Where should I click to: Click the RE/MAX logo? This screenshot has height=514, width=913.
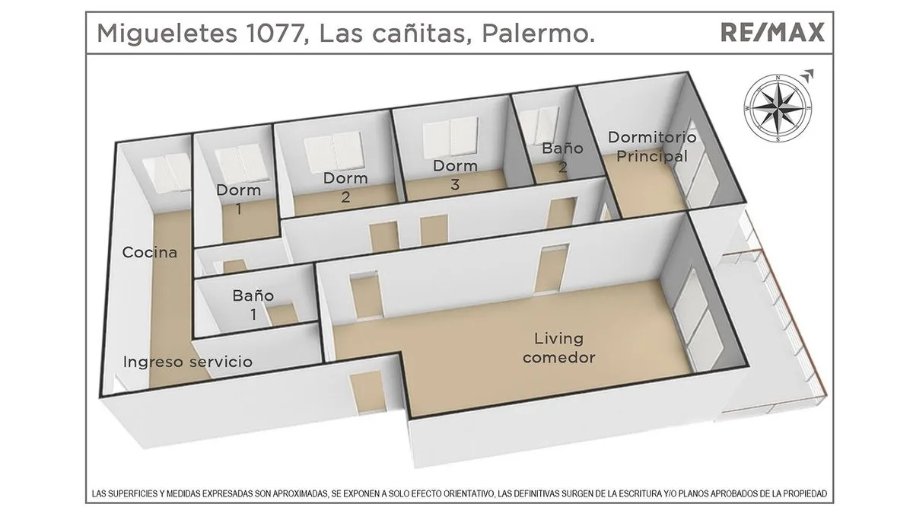point(771,33)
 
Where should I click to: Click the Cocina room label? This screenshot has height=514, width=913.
point(150,252)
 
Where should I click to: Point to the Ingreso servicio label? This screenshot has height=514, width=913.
point(187,362)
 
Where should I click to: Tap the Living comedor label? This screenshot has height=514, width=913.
point(558,347)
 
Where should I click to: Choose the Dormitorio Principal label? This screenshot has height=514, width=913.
point(652,147)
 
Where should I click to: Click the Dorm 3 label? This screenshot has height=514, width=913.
point(455,174)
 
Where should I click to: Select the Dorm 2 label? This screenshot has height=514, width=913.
point(345,187)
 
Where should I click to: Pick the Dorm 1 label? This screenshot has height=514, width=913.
point(238,199)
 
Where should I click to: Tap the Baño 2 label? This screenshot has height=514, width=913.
point(562,158)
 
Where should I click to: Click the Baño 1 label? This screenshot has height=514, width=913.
point(253,305)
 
